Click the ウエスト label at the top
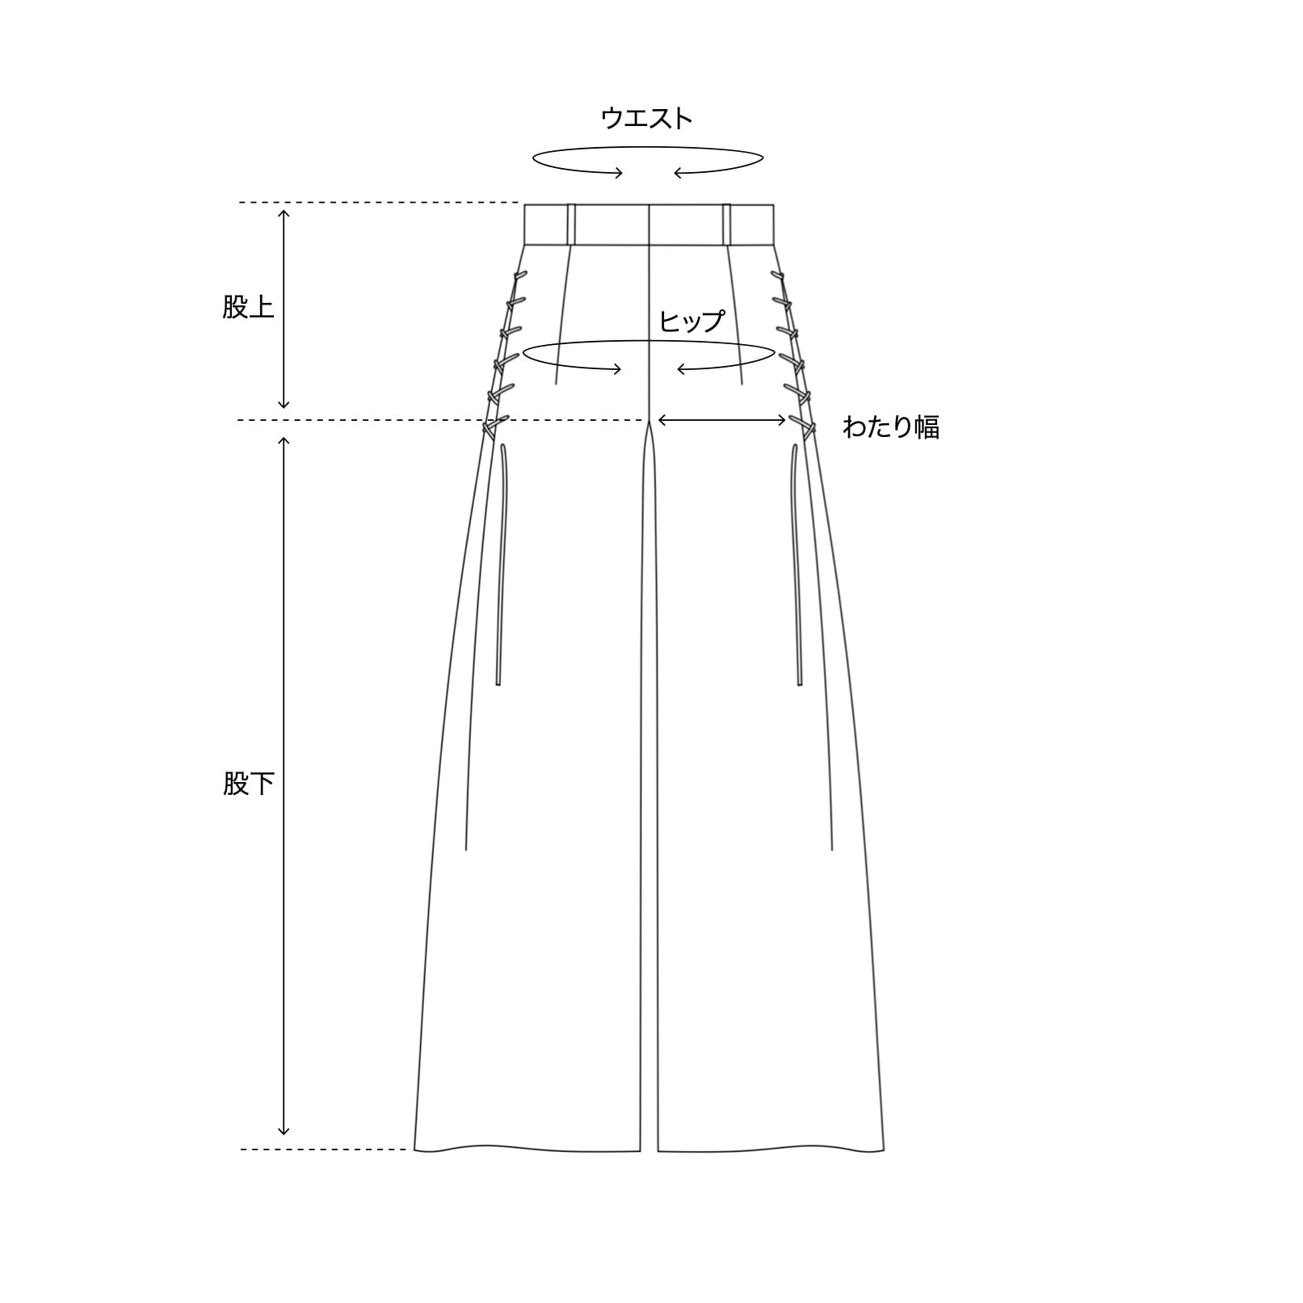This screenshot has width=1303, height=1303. pyautogui.click(x=646, y=118)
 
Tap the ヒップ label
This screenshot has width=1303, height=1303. pyautogui.click(x=691, y=321)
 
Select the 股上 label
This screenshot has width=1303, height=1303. pyautogui.click(x=249, y=307)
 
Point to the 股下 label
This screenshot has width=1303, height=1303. pyautogui.click(x=249, y=783)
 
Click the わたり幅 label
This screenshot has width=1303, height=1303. pyautogui.click(x=891, y=427)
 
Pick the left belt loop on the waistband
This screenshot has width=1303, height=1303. pyautogui.click(x=571, y=224)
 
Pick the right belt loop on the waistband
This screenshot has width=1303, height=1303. pyautogui.click(x=727, y=224)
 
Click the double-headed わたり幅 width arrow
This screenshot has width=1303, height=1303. pyautogui.click(x=722, y=419)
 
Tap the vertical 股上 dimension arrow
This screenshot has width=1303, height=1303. pyautogui.click(x=284, y=309)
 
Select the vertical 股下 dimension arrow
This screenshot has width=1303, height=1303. pyautogui.click(x=284, y=786)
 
